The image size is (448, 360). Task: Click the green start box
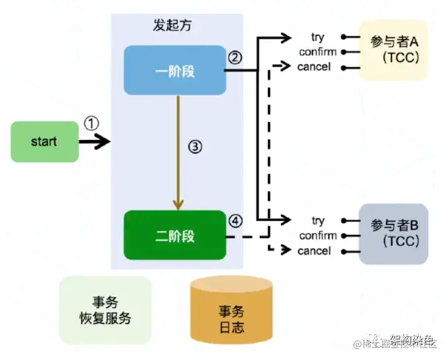(x=44, y=141)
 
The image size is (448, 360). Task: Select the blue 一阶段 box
(x=174, y=70)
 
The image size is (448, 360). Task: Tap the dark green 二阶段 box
(x=174, y=236)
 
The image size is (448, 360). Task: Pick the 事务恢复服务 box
(x=104, y=310)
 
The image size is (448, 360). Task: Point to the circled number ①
(x=90, y=123)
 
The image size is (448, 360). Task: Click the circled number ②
(x=235, y=57)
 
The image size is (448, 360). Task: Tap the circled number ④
(x=235, y=220)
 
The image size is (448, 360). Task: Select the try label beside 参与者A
(x=318, y=36)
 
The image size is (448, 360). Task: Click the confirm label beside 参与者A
(x=318, y=52)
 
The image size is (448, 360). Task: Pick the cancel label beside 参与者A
(x=314, y=67)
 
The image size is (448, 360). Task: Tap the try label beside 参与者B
(x=318, y=220)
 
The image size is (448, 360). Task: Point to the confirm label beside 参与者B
(x=318, y=236)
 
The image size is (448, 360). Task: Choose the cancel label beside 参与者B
(x=314, y=251)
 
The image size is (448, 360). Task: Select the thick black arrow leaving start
(x=94, y=141)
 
